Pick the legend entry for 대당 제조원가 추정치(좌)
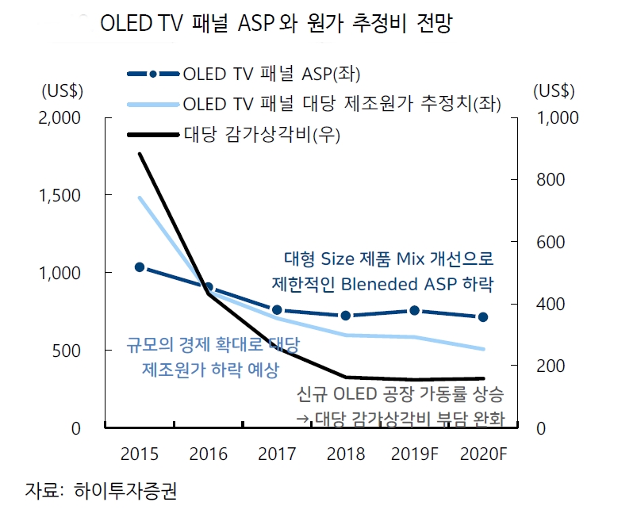(341, 104)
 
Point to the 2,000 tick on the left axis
(59, 117)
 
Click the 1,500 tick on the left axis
(59, 195)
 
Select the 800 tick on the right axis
(549, 180)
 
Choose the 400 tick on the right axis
(549, 305)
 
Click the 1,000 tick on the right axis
(558, 117)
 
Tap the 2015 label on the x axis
(139, 454)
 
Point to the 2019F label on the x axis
(416, 454)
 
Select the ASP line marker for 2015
(140, 267)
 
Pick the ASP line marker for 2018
(346, 316)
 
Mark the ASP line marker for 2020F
(483, 317)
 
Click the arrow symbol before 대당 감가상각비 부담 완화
(302, 419)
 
